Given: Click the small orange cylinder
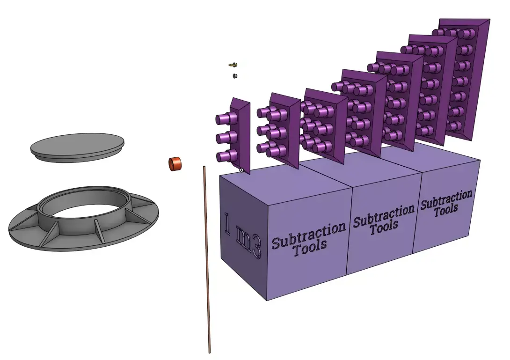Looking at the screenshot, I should (x=175, y=164).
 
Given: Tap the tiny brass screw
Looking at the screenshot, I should (x=233, y=65).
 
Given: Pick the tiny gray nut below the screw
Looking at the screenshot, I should (x=235, y=75).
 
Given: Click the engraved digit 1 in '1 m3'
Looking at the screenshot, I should (x=228, y=223).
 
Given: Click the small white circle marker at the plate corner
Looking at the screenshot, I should (x=241, y=170).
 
